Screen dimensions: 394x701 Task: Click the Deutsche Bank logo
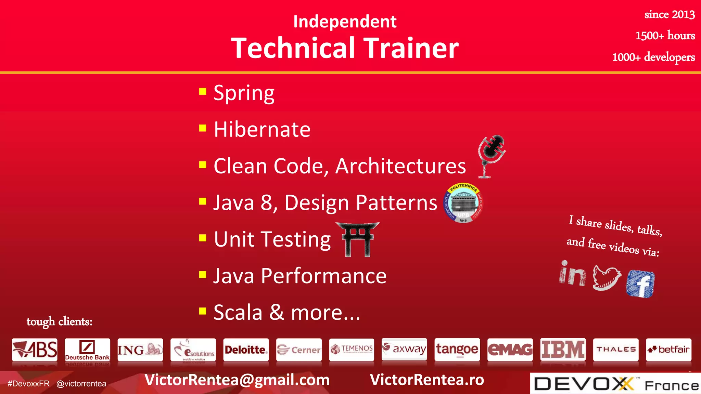[87, 350]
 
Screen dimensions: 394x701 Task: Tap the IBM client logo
[563, 350]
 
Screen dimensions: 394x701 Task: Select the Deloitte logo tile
[246, 350]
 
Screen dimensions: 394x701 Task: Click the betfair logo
[668, 350]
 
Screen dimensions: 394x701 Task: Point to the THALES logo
[615, 350]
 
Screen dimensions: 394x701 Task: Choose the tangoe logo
[457, 350]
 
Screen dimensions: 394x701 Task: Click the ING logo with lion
[140, 350]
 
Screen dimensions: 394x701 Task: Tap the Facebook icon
[640, 284]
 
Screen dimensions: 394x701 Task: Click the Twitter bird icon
[607, 277]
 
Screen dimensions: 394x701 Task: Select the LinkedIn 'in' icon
[572, 274]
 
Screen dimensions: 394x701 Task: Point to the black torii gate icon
[358, 239]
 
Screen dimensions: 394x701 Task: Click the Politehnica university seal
[463, 203]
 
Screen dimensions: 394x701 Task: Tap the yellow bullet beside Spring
[203, 91]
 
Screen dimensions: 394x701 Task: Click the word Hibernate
[262, 130]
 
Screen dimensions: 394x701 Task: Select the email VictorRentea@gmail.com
[237, 380]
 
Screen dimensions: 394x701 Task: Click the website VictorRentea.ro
[427, 380]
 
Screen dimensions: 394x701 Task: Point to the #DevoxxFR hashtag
[28, 384]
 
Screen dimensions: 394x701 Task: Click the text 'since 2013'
[669, 14]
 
